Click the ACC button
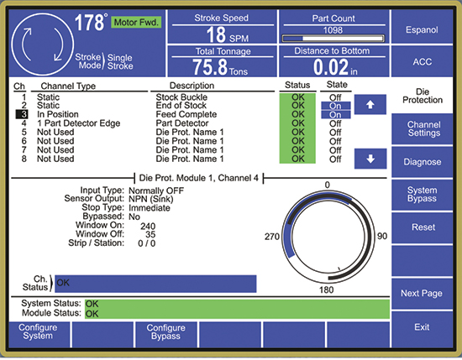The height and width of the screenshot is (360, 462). [x=422, y=61]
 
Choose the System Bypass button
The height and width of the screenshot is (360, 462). [x=422, y=195]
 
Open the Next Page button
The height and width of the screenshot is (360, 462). [x=422, y=293]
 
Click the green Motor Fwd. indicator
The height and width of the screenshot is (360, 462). [x=136, y=22]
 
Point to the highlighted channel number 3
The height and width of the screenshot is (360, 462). [x=22, y=114]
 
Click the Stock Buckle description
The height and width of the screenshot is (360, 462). [x=181, y=97]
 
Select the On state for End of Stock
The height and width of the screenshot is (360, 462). [x=336, y=106]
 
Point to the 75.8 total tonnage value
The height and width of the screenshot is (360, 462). [x=210, y=67]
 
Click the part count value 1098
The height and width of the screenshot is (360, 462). [x=333, y=30]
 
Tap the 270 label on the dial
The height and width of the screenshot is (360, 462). [x=272, y=237]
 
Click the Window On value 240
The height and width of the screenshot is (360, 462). [x=148, y=226]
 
